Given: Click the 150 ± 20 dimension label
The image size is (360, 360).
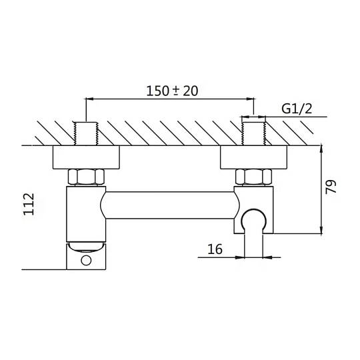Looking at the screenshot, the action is (172, 91).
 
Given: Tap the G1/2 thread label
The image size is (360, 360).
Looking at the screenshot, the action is (297, 109).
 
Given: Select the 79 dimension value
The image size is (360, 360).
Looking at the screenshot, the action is (331, 187).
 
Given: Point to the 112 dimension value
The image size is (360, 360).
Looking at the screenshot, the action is (29, 204).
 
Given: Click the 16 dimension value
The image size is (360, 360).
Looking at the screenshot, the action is (215, 249).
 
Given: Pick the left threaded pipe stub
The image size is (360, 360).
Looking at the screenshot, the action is (86, 133).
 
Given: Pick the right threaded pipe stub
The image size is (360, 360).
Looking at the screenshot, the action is (254, 133).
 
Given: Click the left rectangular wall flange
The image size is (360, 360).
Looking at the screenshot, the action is (86, 157).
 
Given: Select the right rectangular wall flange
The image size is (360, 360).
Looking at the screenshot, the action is (254, 157).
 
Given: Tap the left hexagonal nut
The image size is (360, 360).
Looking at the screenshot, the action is (86, 177).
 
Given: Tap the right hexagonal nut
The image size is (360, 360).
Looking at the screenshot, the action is (254, 177).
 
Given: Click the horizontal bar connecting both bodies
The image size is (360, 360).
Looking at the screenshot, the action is (170, 205).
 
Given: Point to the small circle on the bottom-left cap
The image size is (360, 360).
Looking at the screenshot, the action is (86, 261).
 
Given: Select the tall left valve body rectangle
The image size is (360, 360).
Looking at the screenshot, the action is (86, 214).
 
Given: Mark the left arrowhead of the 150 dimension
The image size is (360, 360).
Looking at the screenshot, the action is (89, 99).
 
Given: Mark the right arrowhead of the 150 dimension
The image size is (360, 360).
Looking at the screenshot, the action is (250, 99).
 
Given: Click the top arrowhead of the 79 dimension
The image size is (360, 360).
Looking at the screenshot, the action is (321, 149).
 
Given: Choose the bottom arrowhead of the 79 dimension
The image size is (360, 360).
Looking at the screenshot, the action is (321, 230).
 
